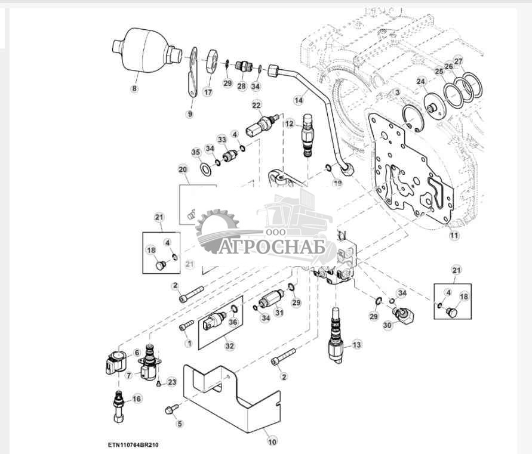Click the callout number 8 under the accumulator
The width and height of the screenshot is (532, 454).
(x=134, y=89)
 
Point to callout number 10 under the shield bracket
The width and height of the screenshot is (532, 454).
(x=272, y=442)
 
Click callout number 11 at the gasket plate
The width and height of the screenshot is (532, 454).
(x=454, y=236)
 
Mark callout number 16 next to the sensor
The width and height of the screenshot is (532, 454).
(x=137, y=399)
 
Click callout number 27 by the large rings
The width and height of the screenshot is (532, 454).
(x=458, y=61)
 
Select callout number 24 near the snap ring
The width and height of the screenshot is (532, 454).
(x=421, y=82)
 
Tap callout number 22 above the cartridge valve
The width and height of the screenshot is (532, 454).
(x=256, y=106)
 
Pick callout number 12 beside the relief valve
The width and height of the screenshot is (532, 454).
(x=290, y=124)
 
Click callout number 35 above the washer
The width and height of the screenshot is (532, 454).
(x=196, y=152)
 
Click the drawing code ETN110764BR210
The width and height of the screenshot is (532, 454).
(x=134, y=445)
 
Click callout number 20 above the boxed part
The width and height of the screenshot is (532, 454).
(x=183, y=169)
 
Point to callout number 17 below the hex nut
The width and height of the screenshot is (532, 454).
(x=208, y=92)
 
